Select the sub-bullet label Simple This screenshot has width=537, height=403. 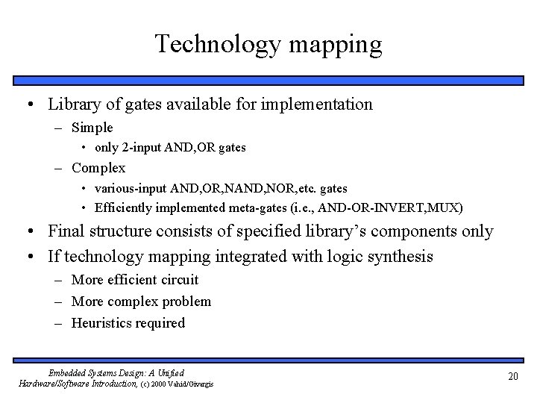[92, 128]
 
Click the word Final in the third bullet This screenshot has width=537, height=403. [66, 231]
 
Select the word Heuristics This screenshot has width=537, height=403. [102, 323]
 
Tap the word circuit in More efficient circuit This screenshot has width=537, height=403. [178, 280]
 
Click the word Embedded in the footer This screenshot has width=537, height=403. [68, 372]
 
